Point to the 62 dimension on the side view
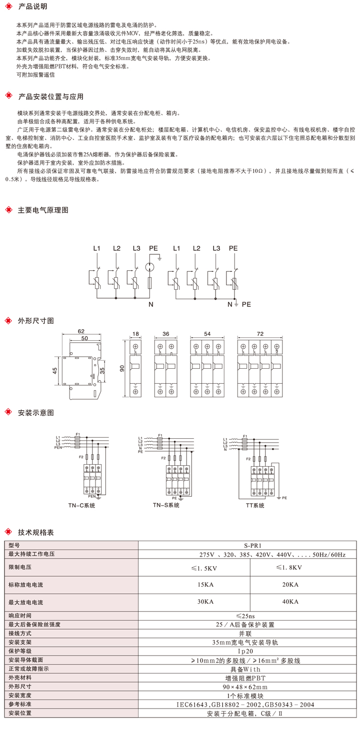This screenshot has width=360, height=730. click(x=81, y=331)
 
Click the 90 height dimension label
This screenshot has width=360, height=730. click(x=121, y=368)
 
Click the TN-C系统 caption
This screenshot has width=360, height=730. click(x=81, y=505)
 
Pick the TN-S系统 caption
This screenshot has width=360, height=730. click(x=166, y=505)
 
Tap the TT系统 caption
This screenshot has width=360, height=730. click(x=255, y=505)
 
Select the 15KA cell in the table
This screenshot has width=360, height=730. click(x=206, y=584)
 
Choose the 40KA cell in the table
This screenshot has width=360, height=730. click(x=290, y=602)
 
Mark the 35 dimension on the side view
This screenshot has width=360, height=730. click(x=102, y=371)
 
